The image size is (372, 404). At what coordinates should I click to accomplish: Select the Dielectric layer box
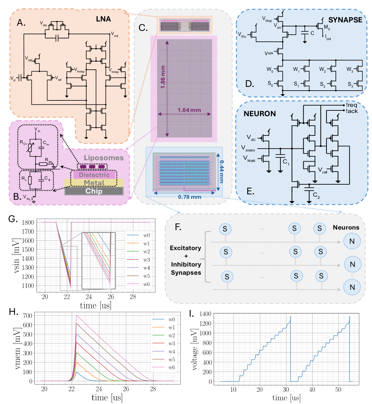[92, 175]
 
